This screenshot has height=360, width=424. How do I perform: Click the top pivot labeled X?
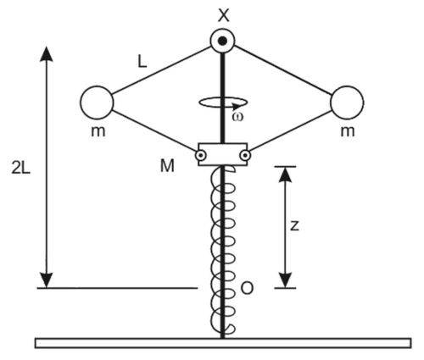tap(223, 41)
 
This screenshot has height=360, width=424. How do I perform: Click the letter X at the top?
tap(224, 15)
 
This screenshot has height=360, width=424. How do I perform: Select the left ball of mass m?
tap(97, 102)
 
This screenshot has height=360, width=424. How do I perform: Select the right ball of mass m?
tap(347, 102)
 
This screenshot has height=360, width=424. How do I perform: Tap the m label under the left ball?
tap(98, 131)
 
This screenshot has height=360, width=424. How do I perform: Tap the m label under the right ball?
tap(348, 131)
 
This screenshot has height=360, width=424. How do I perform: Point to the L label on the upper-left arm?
tap(142, 62)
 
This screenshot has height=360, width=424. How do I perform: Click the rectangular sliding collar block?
tap(223, 154)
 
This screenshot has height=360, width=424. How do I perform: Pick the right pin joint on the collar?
tap(245, 155)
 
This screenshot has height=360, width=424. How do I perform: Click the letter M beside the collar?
tap(167, 166)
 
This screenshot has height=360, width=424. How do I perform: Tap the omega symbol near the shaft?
tap(237, 117)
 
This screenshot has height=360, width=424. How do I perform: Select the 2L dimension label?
tap(20, 168)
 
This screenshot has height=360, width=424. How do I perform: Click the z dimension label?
tap(294, 226)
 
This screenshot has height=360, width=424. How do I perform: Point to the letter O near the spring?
tap(247, 288)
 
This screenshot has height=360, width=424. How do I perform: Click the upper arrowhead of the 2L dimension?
tap(47, 53)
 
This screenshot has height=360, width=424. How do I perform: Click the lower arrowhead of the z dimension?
tap(285, 280)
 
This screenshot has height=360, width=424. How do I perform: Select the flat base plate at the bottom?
tap(223, 343)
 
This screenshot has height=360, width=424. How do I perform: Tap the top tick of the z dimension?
tap(285, 167)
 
